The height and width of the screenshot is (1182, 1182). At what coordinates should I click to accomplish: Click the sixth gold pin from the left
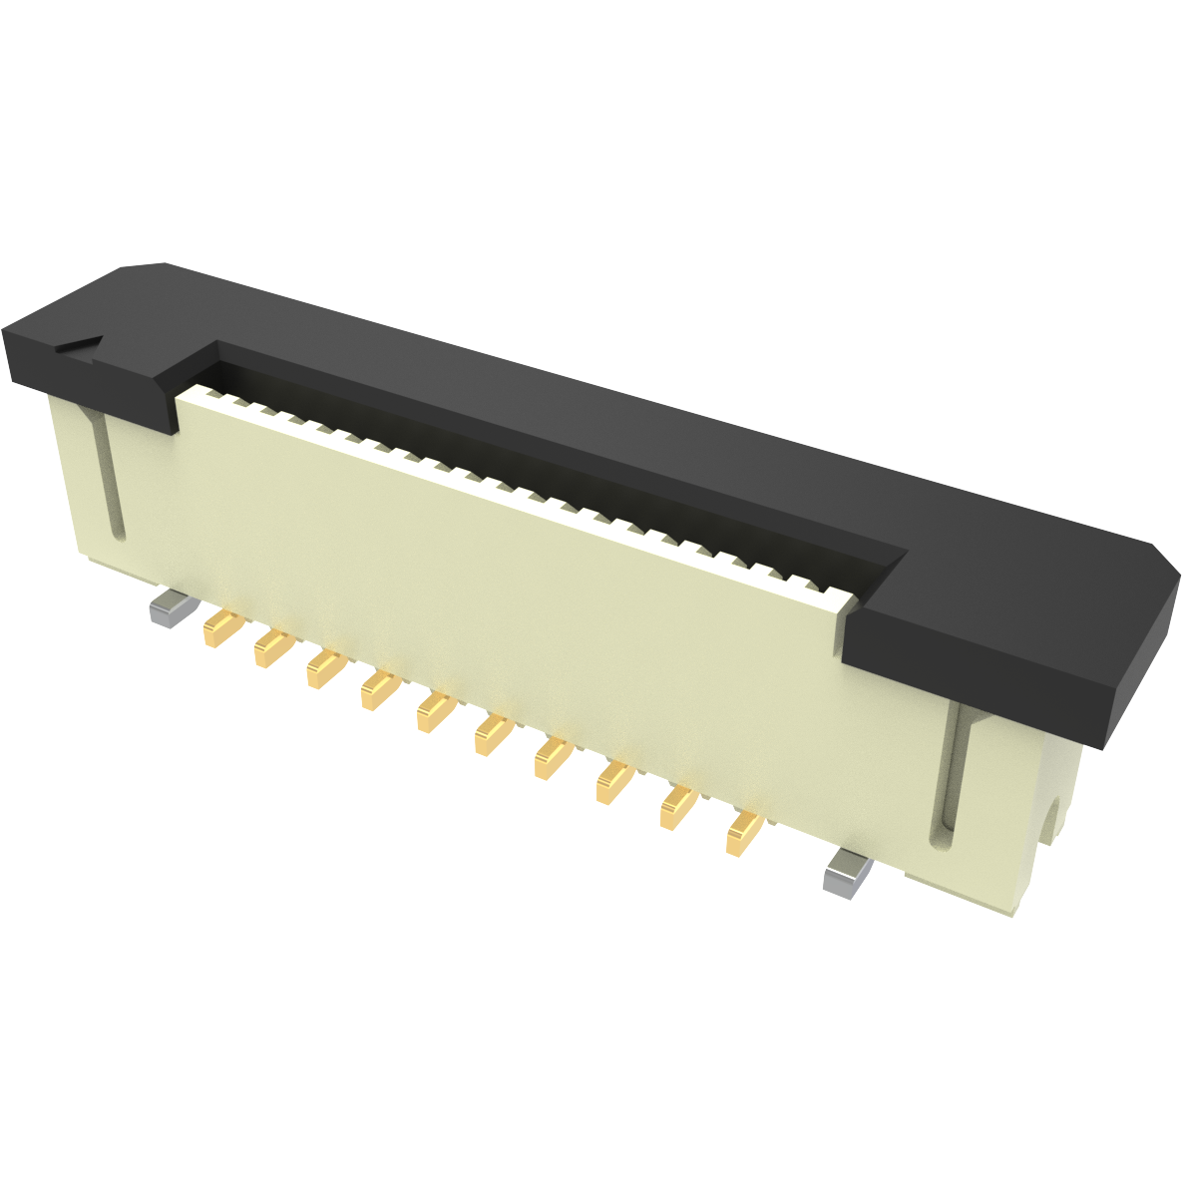[x=492, y=734]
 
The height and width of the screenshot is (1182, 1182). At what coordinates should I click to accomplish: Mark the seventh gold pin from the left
[x=551, y=758]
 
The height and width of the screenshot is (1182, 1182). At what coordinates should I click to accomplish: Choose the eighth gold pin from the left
[x=612, y=782]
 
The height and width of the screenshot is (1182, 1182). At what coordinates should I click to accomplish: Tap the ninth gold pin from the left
[x=676, y=807]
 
